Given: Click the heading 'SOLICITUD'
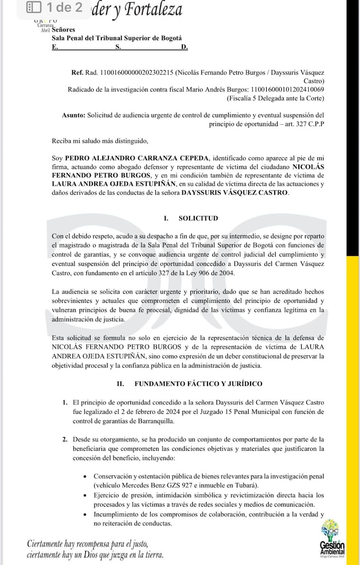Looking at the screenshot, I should coord(198,219).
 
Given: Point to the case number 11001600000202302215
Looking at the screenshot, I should coord(135,73).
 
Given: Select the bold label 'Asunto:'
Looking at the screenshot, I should coord(73,115).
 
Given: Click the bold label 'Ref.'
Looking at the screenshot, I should coord(77,73).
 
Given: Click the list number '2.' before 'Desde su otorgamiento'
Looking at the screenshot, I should coord(65,440).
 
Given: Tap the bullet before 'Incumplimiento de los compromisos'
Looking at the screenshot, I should coord(84,514).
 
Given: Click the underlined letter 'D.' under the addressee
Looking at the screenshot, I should coord(184,47).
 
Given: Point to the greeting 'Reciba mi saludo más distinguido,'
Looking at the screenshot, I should coord(100,141).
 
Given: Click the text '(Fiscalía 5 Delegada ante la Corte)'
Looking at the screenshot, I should coord(276,98).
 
